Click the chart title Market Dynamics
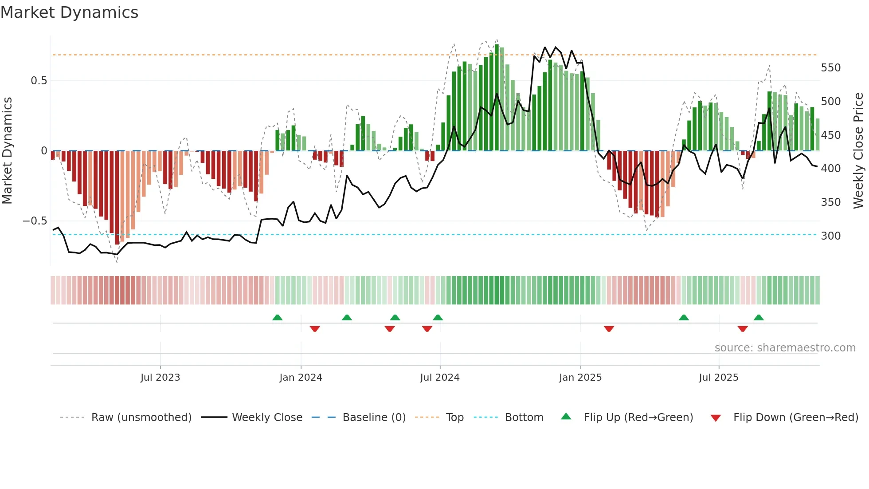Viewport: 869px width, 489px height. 70,12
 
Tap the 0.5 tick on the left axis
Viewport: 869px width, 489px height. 39,81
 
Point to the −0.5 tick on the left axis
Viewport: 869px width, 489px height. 35,221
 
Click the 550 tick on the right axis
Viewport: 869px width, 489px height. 830,68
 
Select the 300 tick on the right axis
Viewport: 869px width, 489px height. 830,236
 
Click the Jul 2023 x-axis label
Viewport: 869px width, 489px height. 160,378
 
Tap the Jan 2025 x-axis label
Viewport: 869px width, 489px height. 580,378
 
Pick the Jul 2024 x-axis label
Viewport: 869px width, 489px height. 439,378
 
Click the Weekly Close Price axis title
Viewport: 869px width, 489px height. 858,151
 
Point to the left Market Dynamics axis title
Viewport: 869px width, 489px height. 7,151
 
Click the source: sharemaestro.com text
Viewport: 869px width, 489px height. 785,348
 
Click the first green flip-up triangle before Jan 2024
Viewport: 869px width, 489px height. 277,317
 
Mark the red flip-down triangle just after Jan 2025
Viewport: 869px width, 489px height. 609,329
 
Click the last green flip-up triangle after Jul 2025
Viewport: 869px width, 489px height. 759,317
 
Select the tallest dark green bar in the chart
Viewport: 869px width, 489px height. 497,98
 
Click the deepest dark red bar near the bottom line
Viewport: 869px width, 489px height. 117,197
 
